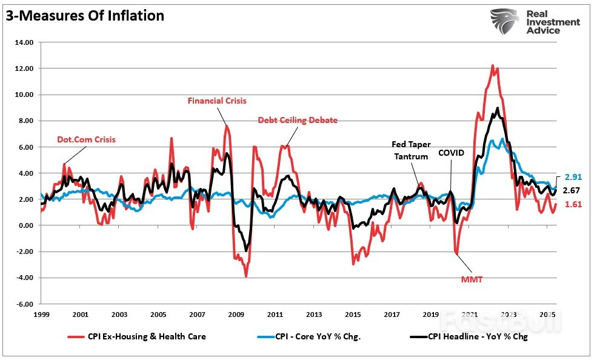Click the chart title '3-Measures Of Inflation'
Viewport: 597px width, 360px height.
click(85, 16)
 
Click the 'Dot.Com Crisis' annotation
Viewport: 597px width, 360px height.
click(86, 139)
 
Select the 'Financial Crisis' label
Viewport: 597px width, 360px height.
click(216, 101)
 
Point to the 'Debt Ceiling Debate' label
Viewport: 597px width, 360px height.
click(298, 120)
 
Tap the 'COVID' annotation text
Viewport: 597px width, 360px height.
click(451, 153)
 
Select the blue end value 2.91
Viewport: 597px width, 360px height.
click(573, 177)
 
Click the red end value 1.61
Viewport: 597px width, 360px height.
click(573, 204)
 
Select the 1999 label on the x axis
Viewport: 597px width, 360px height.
click(41, 315)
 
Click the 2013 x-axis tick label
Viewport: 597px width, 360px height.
click(313, 315)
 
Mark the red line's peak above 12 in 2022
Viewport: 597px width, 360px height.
click(492, 65)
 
